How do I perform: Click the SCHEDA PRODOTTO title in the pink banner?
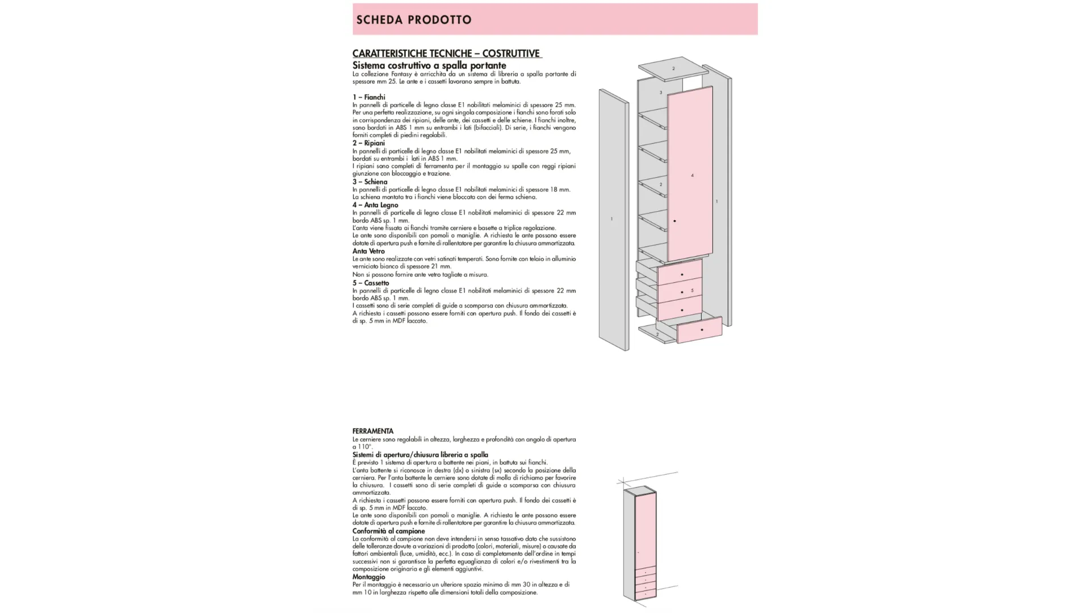tap(414, 20)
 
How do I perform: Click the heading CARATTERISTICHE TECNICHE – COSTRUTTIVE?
tap(446, 53)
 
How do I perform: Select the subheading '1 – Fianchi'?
tap(368, 97)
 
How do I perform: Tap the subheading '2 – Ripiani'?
tap(368, 143)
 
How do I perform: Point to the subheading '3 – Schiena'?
tap(370, 182)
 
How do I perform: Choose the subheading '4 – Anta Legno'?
tap(375, 205)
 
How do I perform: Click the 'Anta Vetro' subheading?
tap(368, 251)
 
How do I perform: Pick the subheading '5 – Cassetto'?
tap(371, 283)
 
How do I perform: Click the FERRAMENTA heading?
tap(372, 431)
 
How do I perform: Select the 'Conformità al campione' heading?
tap(388, 531)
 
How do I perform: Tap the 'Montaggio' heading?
tap(368, 577)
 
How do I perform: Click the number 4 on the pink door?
tap(692, 175)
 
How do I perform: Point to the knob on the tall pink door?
tap(674, 221)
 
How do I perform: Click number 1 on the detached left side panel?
tap(611, 219)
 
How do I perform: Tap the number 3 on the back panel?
tap(660, 93)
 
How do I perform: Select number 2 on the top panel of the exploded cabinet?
tap(673, 69)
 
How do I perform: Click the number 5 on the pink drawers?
tap(692, 291)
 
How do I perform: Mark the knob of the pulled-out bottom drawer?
tap(702, 330)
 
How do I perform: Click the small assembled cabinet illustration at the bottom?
tap(640, 544)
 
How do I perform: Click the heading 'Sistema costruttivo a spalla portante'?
tap(429, 65)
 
